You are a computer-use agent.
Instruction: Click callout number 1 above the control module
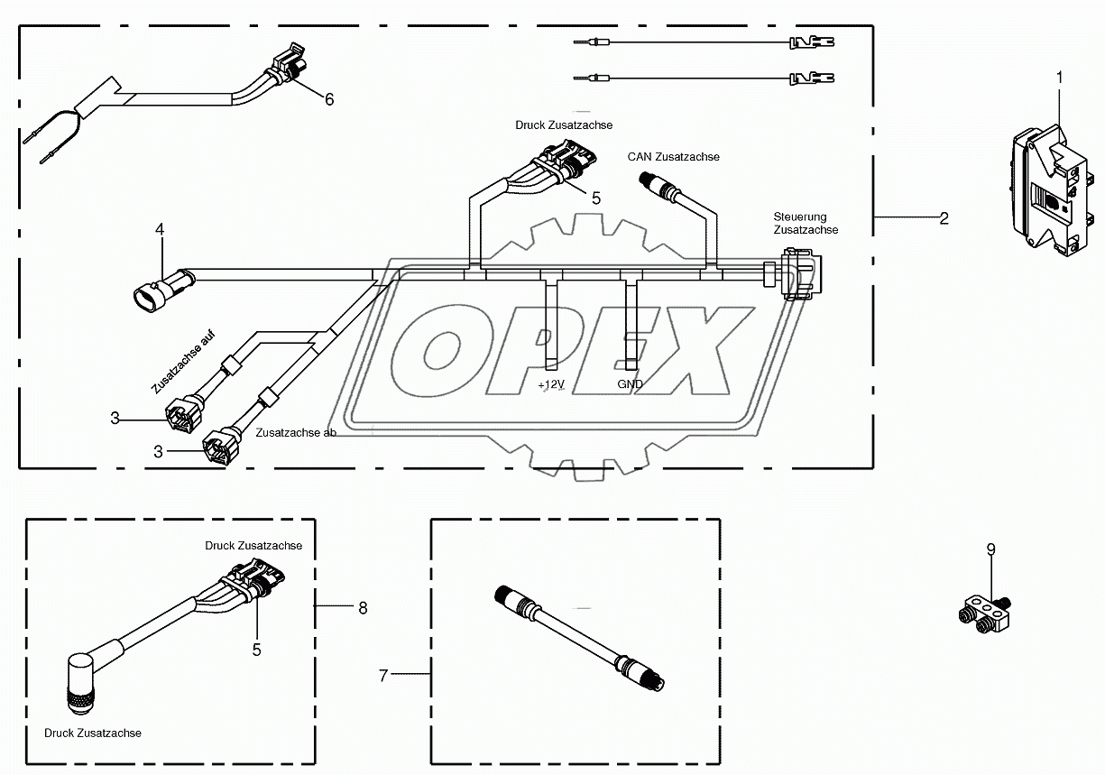click(1059, 78)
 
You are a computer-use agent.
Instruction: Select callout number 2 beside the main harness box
click(944, 217)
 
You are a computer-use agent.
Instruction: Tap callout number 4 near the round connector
click(160, 230)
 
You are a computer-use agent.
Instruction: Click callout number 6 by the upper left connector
click(329, 99)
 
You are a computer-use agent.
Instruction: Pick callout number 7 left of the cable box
click(383, 675)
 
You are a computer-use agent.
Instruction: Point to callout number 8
click(363, 608)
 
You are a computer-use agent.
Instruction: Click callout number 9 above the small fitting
click(990, 549)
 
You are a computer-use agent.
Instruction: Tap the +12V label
click(551, 383)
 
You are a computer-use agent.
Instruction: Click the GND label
click(630, 383)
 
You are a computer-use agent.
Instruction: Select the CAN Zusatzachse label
click(673, 157)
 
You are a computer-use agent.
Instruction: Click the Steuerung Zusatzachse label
click(806, 223)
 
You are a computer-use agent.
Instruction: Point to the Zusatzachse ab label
click(296, 433)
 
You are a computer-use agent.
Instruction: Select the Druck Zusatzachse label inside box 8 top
click(253, 546)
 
